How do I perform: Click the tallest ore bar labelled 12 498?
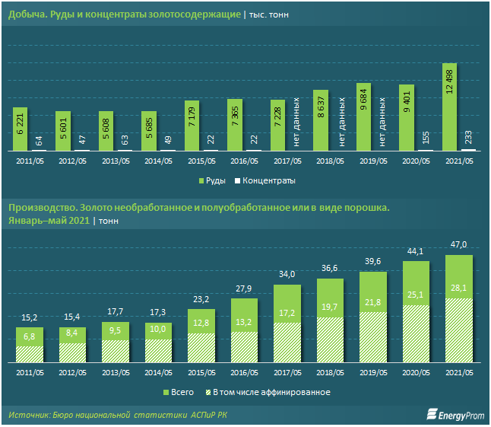[x=449, y=107]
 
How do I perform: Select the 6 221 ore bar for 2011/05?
[x=21, y=129]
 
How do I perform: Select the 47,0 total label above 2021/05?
[x=458, y=244]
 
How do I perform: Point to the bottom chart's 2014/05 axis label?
[x=158, y=374]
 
